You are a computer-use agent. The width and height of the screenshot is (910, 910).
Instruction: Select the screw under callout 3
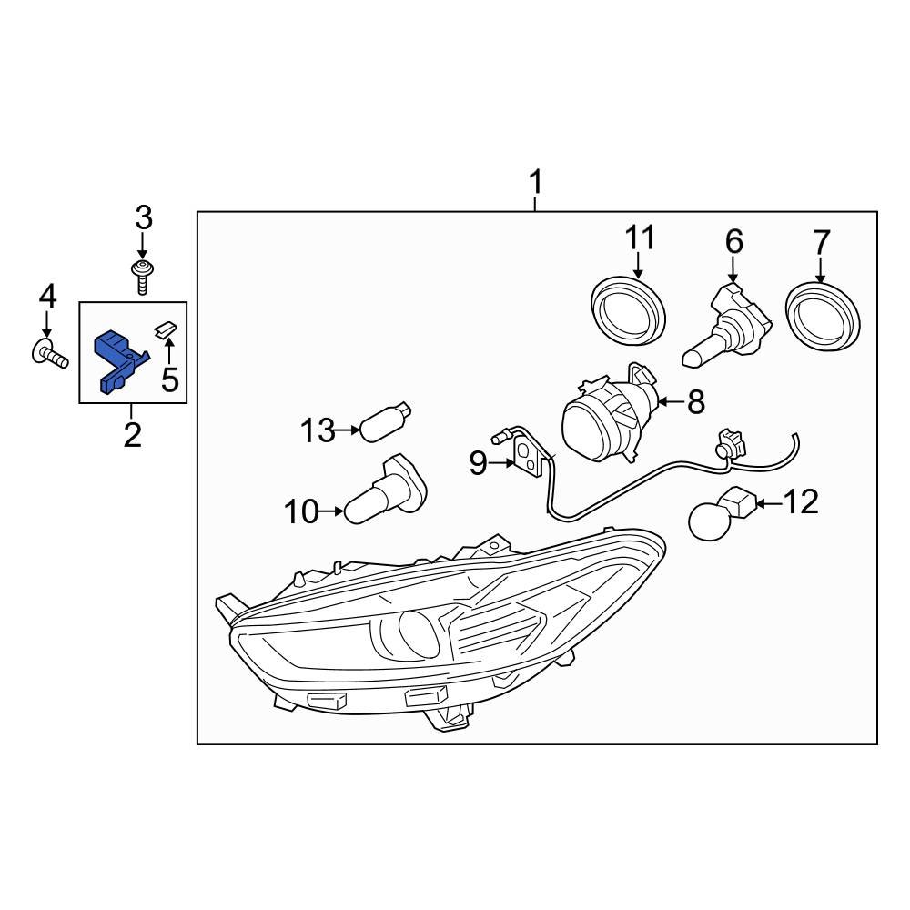click(142, 276)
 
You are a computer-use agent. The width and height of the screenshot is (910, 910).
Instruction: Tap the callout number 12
click(802, 501)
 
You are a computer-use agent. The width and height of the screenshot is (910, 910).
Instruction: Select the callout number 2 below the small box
click(132, 435)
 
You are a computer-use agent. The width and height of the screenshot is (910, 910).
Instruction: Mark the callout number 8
click(696, 402)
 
